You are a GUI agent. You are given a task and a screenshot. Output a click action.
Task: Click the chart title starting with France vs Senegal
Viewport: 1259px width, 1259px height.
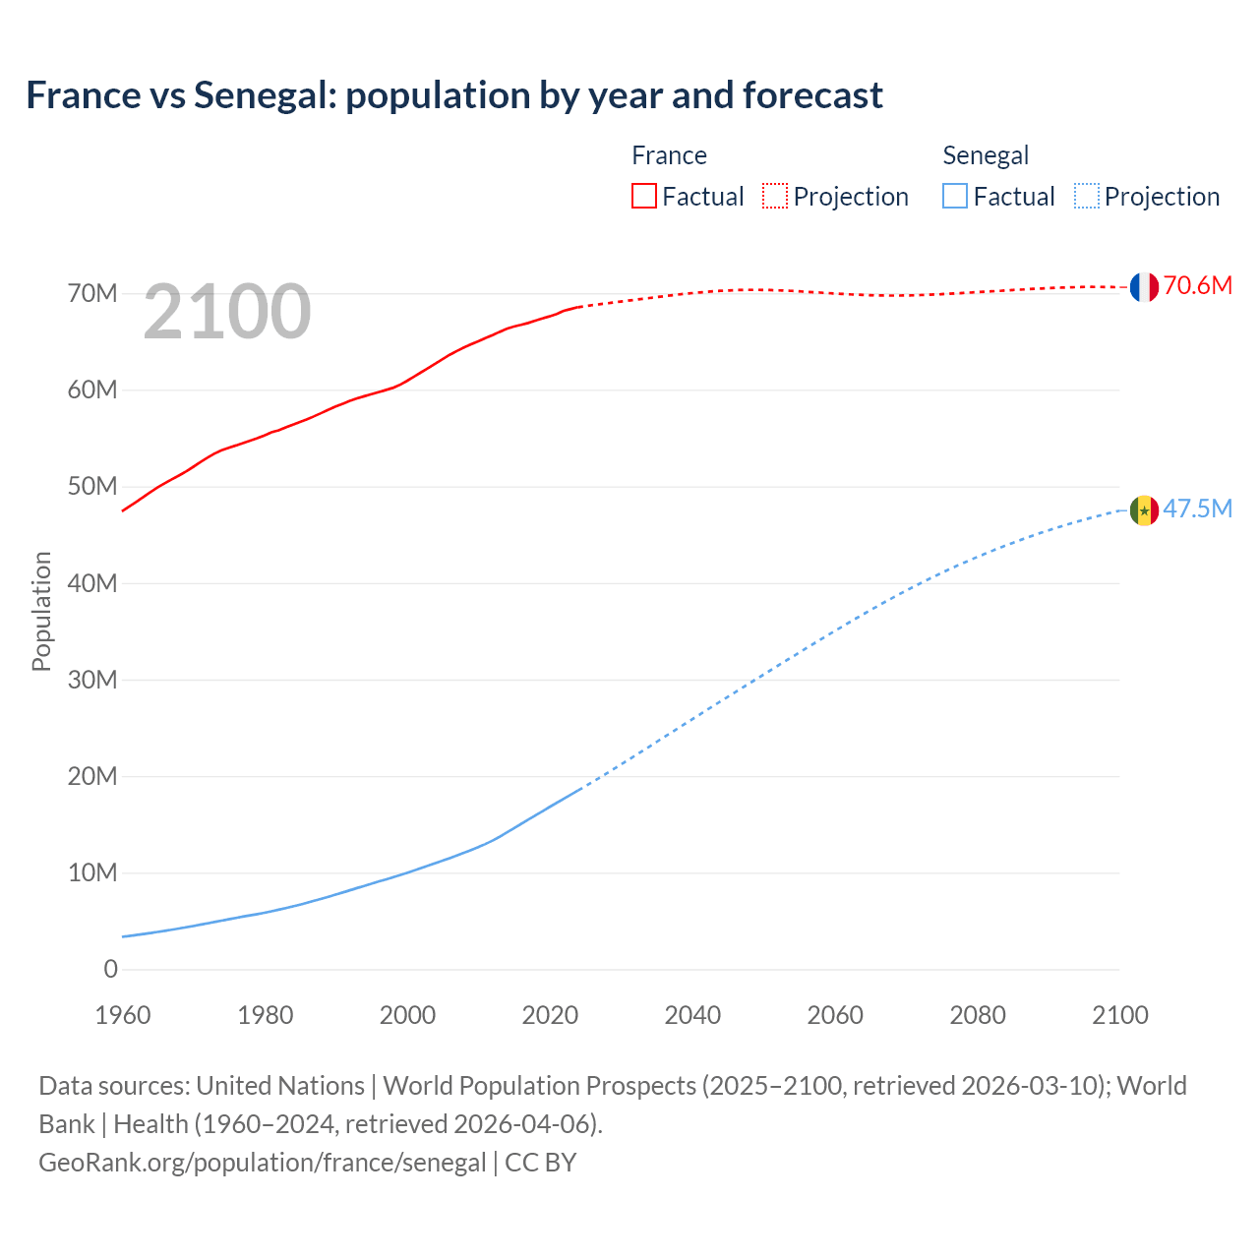[x=454, y=95]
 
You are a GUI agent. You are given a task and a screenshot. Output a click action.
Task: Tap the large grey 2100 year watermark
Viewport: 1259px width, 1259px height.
[x=227, y=312]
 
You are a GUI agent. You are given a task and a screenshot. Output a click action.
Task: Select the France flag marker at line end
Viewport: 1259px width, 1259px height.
[x=1143, y=287]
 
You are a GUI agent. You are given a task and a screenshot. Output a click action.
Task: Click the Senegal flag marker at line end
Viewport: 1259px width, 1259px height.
[x=1143, y=510]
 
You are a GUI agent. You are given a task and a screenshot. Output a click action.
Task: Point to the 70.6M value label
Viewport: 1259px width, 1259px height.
[x=1197, y=286]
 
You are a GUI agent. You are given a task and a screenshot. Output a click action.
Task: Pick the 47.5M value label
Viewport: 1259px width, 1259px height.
[x=1197, y=510]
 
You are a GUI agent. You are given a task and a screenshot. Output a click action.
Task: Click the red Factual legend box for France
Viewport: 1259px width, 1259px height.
[x=644, y=197]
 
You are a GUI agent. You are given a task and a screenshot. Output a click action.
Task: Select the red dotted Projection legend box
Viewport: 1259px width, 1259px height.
[x=775, y=197]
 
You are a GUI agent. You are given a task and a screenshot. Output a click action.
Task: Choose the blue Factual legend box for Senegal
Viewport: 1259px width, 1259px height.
[x=955, y=197]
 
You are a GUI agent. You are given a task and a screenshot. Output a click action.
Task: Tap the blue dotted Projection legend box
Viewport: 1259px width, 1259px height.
[x=1086, y=197]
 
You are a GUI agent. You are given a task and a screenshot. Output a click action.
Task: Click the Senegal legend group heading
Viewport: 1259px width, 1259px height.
[x=986, y=155]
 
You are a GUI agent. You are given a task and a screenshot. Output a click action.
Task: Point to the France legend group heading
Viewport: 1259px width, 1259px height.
[x=669, y=155]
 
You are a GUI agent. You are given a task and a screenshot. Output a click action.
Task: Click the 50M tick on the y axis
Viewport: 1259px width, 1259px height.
[x=92, y=487]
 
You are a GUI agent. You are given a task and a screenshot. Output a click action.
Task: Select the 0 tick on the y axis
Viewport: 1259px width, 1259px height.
[x=110, y=970]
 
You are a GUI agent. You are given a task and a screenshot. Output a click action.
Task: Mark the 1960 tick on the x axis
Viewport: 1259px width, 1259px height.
[x=123, y=1015]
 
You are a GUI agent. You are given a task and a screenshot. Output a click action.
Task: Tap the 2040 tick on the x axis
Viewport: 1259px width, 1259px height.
[x=692, y=1015]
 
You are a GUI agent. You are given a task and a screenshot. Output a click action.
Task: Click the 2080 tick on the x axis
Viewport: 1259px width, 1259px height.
[x=978, y=1015]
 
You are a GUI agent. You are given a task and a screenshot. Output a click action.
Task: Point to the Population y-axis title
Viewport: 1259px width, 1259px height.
[x=41, y=611]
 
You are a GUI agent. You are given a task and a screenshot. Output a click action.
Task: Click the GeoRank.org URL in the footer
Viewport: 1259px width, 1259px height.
[x=262, y=1163]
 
